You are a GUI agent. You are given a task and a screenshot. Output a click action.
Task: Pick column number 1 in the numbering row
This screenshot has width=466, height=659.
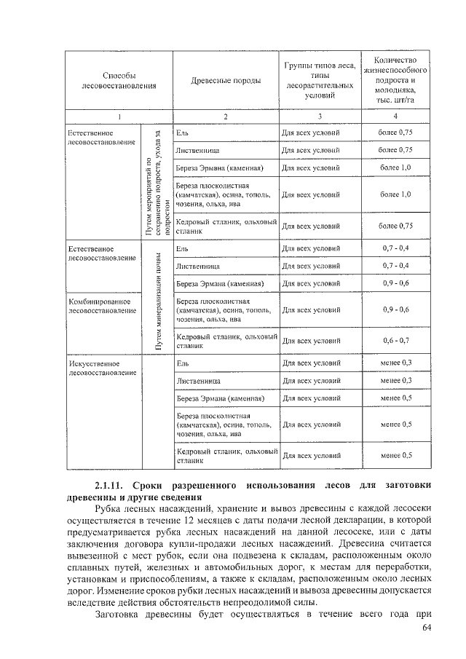[119, 117]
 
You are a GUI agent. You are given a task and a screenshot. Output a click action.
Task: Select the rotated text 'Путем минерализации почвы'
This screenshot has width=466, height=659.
[158, 300]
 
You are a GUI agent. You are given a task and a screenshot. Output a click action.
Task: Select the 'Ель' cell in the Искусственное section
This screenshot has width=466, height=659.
[183, 362]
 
